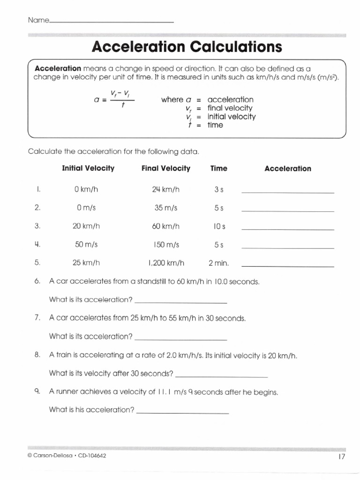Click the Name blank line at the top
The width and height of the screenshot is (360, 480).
[111, 22]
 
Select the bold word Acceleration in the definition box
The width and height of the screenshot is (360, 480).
[58, 68]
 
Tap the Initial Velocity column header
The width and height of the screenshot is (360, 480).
[88, 168]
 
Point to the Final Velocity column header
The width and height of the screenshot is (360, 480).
[166, 168]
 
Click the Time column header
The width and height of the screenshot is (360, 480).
[219, 168]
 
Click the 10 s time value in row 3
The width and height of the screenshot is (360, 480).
[219, 226]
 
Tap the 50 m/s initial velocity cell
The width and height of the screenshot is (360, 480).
[86, 245]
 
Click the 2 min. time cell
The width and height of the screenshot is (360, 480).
[219, 263]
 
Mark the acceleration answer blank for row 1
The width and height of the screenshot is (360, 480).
[287, 192]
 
